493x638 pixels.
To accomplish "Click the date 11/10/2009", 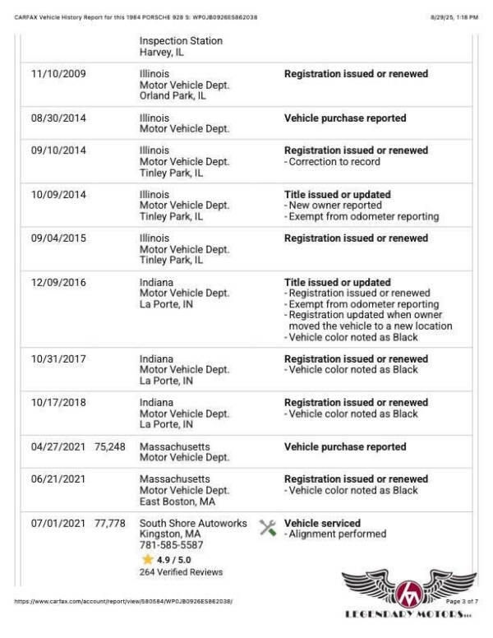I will pyautogui.click(x=58, y=74).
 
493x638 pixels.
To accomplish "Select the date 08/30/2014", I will pyautogui.click(x=58, y=118).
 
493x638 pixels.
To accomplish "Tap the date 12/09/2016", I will pyautogui.click(x=58, y=283).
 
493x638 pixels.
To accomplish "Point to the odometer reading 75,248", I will pyautogui.click(x=110, y=447).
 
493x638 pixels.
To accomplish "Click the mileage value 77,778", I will pyautogui.click(x=110, y=524).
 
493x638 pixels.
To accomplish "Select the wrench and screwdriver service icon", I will pyautogui.click(x=267, y=528).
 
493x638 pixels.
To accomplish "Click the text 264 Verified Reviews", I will pyautogui.click(x=181, y=571).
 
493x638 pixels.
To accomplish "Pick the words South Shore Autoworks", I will pyautogui.click(x=193, y=524).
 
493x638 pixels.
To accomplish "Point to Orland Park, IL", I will pyautogui.click(x=173, y=95).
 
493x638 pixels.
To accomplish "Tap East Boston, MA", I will pyautogui.click(x=177, y=502).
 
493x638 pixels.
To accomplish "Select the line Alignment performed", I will pyautogui.click(x=337, y=534).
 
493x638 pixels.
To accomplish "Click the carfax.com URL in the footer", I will pyautogui.click(x=123, y=602).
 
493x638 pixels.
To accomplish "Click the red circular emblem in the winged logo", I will pyautogui.click(x=408, y=592).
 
